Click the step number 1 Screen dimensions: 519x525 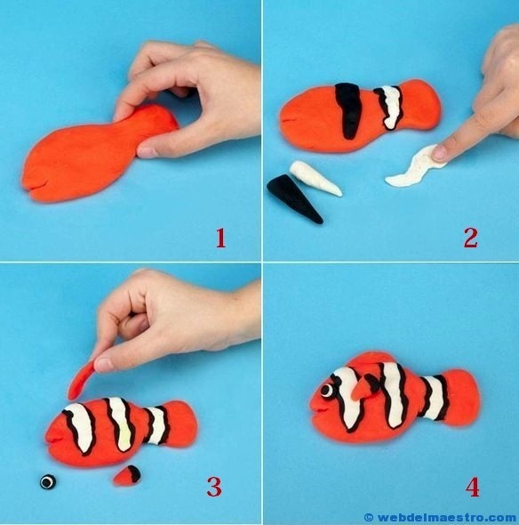pyautogui.click(x=220, y=238)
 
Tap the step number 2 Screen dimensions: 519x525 pyautogui.click(x=471, y=238)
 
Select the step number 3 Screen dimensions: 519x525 pyautogui.click(x=214, y=487)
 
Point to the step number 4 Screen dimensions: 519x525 pyautogui.click(x=472, y=487)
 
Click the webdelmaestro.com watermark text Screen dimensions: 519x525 pyautogui.click(x=443, y=517)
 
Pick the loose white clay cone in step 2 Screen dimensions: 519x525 pyautogui.click(x=315, y=178)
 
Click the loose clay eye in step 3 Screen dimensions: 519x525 pyautogui.click(x=48, y=481)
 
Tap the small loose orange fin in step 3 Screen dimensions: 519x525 pyautogui.click(x=127, y=475)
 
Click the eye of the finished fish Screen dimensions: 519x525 pyautogui.click(x=328, y=391)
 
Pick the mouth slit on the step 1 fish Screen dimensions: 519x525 pyautogui.click(x=37, y=183)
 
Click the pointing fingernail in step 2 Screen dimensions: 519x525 pyautogui.click(x=439, y=153)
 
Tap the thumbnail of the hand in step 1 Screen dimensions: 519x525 pyautogui.click(x=148, y=151)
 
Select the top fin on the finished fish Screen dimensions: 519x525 pyautogui.click(x=371, y=359)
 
